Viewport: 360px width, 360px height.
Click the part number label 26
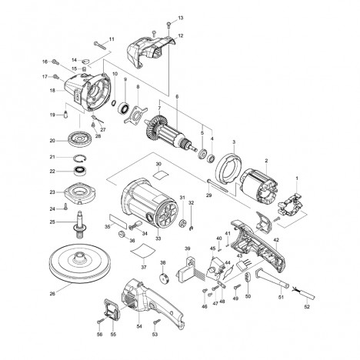pyautogui.click(x=52, y=294)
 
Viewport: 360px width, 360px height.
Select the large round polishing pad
pyautogui.click(x=80, y=265)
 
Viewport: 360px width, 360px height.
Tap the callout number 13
pyautogui.click(x=181, y=18)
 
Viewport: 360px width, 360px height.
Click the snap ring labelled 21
pyautogui.click(x=80, y=158)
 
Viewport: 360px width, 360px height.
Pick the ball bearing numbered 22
pyautogui.click(x=80, y=171)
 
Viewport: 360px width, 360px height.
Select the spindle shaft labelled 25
pyautogui.click(x=80, y=225)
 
